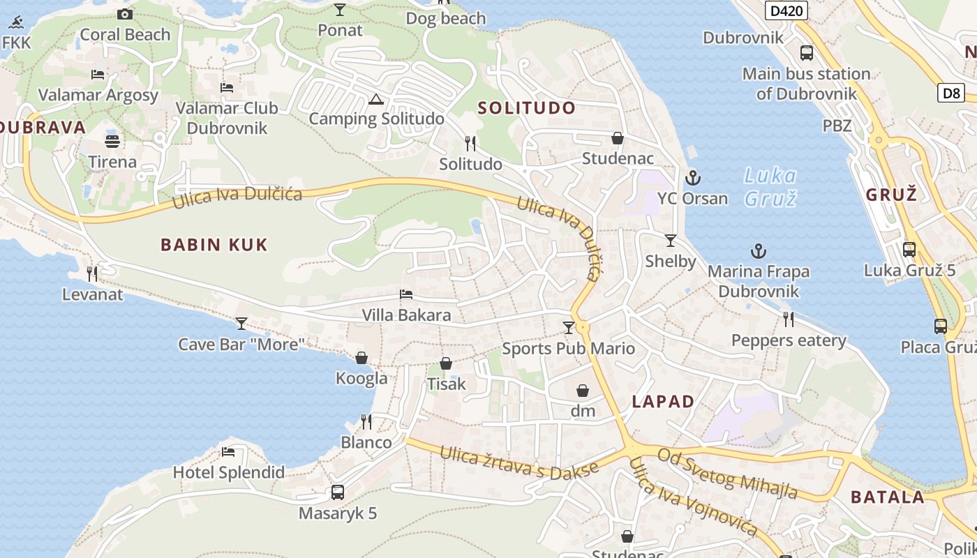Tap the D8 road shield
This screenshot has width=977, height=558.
pyautogui.click(x=950, y=93)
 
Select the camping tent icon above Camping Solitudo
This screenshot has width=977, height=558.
pyautogui.click(x=376, y=100)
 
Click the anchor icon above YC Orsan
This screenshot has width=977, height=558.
pyautogui.click(x=693, y=178)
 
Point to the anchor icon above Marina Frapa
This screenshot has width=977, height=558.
pyautogui.click(x=758, y=251)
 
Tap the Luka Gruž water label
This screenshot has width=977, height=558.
pyautogui.click(x=770, y=186)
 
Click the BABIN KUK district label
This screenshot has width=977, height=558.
pyautogui.click(x=214, y=245)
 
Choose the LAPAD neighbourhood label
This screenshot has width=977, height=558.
pyautogui.click(x=663, y=402)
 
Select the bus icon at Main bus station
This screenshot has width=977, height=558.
pyautogui.click(x=806, y=53)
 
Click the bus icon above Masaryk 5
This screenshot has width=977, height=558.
pyautogui.click(x=338, y=492)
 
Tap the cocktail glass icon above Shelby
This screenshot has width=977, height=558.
pyautogui.click(x=671, y=241)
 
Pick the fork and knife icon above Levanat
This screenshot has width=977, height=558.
pyautogui.click(x=92, y=273)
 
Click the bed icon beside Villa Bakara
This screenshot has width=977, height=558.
pyautogui.click(x=406, y=294)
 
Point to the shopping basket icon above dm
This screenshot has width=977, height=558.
pyautogui.click(x=583, y=391)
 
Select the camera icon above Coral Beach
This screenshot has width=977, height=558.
pyautogui.click(x=125, y=14)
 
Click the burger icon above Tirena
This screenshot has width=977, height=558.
pyautogui.click(x=112, y=141)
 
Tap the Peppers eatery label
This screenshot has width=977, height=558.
pyautogui.click(x=789, y=340)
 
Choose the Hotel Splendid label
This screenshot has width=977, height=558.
pyautogui.click(x=229, y=473)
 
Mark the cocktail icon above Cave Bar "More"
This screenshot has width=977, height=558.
pyautogui.click(x=241, y=323)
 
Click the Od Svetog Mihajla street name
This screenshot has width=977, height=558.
pyautogui.click(x=728, y=473)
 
